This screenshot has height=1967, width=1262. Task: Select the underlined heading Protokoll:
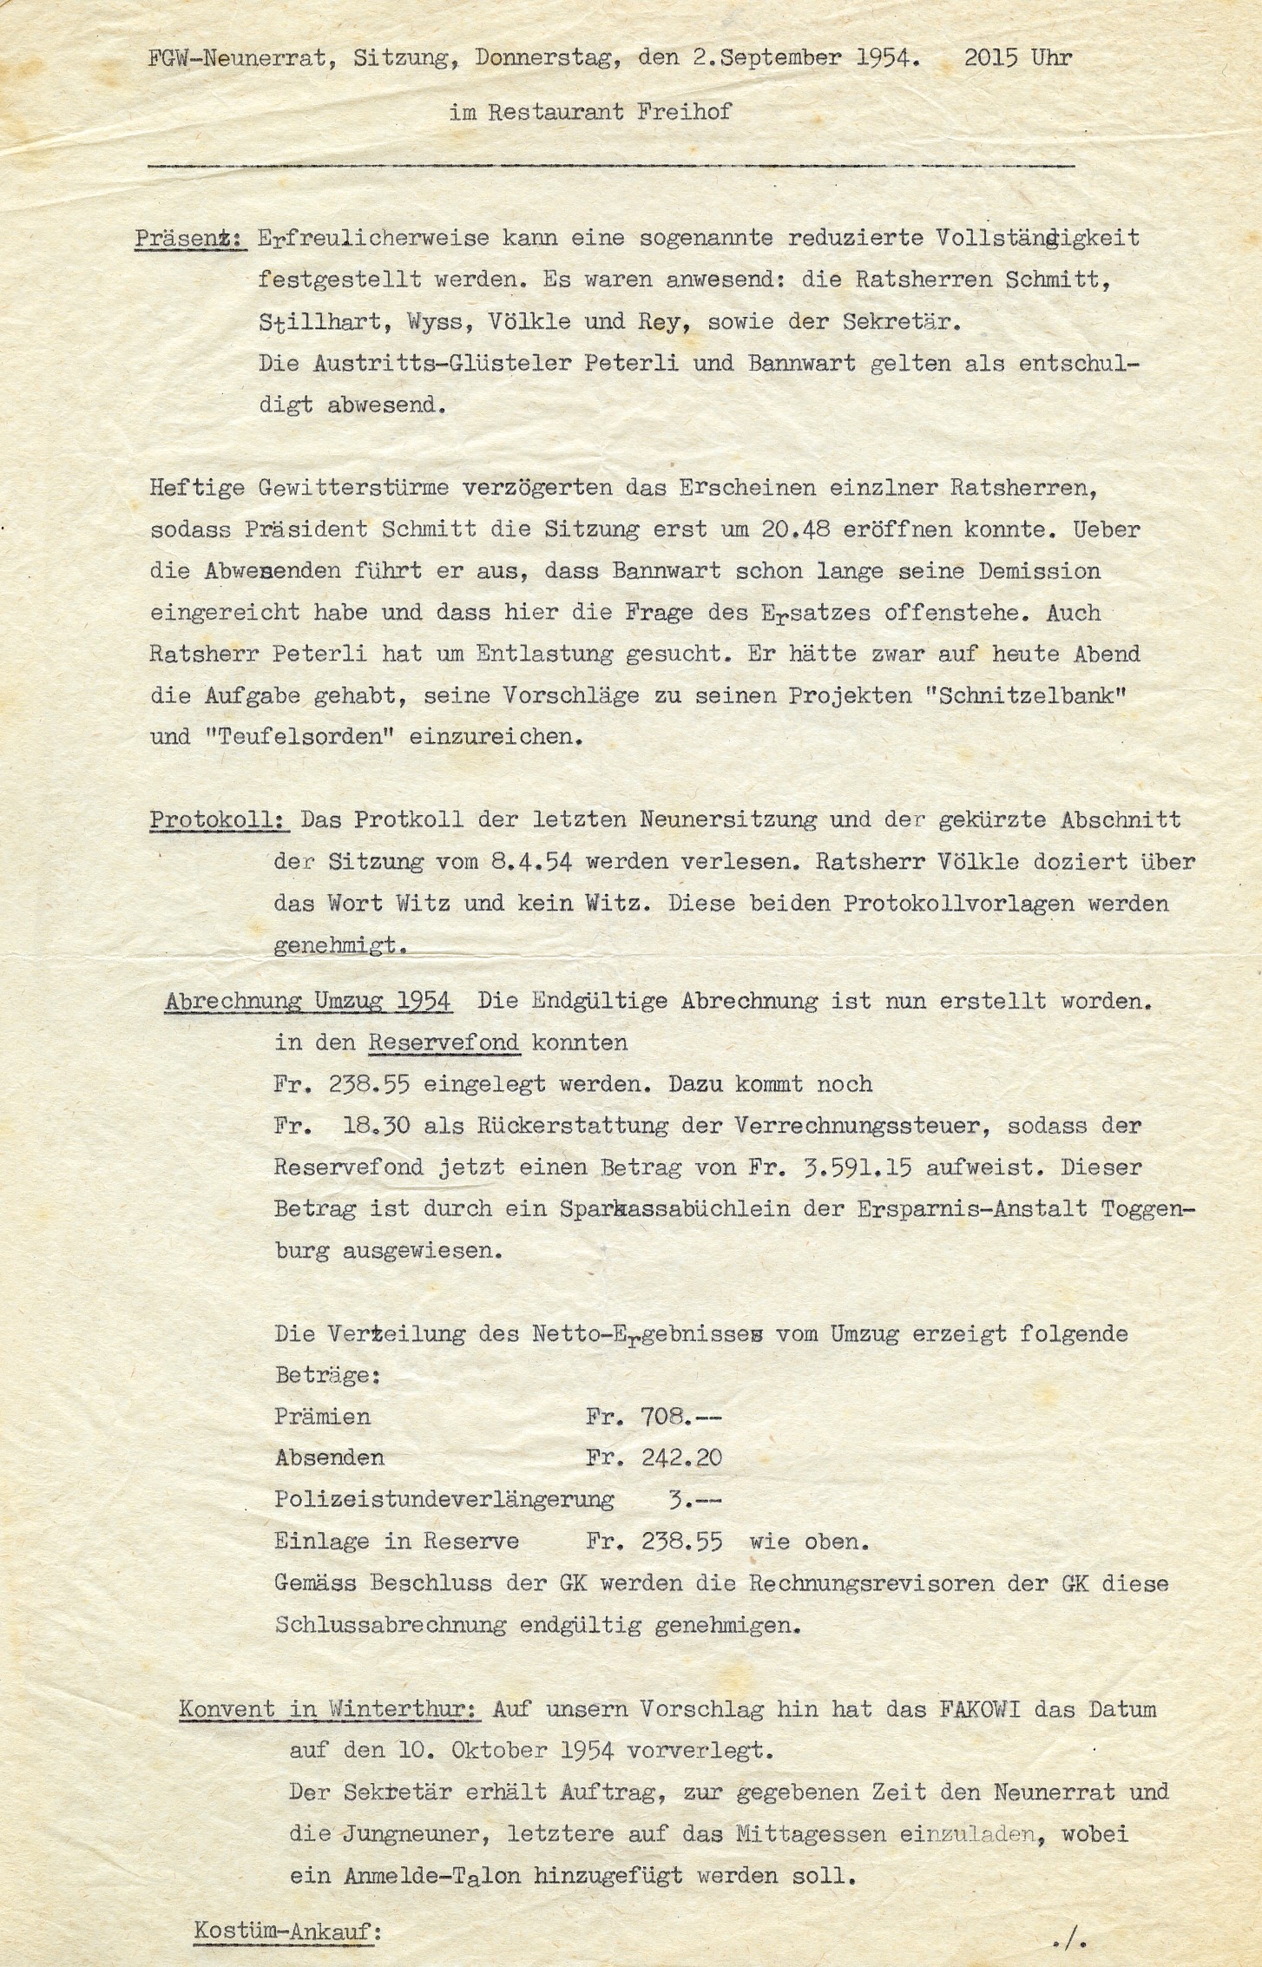[x=220, y=820]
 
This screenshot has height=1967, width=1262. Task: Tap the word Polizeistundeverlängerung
[x=444, y=1499]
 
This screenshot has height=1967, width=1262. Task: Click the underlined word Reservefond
[x=444, y=1043]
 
